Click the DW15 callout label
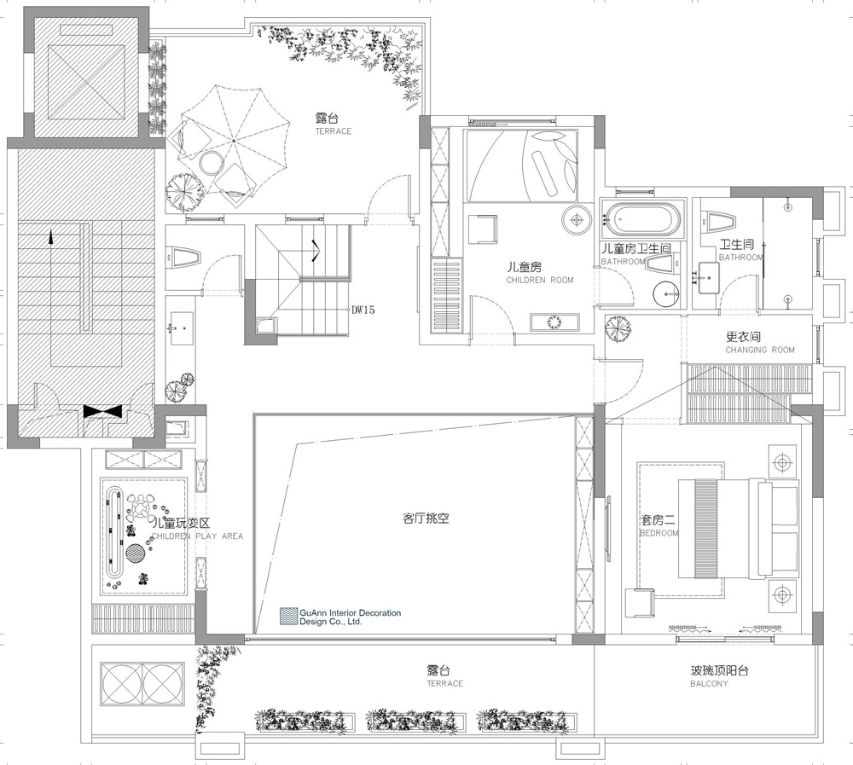pyautogui.click(x=363, y=310)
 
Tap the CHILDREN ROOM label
pyautogui.click(x=540, y=281)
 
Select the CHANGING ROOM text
pyautogui.click(x=760, y=350)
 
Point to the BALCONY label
pyautogui.click(x=709, y=683)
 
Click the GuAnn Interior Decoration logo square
pyautogui.click(x=289, y=616)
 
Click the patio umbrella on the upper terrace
pyautogui.click(x=234, y=141)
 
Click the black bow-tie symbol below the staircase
pyautogui.click(x=102, y=411)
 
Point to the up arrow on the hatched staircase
pyautogui.click(x=52, y=236)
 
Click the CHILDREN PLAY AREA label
pyautogui.click(x=197, y=536)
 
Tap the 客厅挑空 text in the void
pyautogui.click(x=426, y=518)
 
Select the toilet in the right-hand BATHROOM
pyautogui.click(x=722, y=222)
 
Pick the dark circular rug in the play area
pyautogui.click(x=136, y=553)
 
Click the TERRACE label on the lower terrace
pyautogui.click(x=445, y=683)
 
